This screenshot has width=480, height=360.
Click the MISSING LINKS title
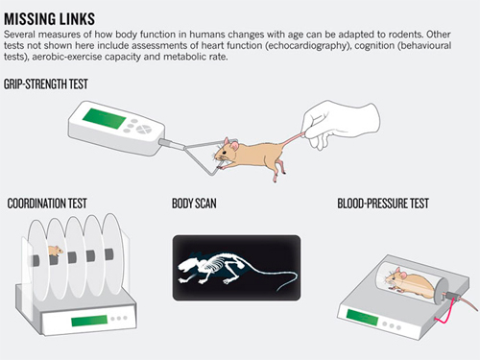(x=49, y=19)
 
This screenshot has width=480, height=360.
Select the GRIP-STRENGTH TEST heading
(x=46, y=84)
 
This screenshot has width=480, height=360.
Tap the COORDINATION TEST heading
(x=47, y=204)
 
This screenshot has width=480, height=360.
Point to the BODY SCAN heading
(x=194, y=204)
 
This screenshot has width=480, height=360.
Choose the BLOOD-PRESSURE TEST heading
(x=383, y=204)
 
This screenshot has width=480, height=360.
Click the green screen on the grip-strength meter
(x=105, y=118)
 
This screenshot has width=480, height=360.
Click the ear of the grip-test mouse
(x=234, y=146)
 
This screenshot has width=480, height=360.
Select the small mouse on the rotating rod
(x=55, y=251)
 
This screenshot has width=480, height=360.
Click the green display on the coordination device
(x=89, y=321)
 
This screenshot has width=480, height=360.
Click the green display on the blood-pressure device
(x=362, y=317)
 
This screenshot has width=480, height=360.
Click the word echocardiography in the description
(x=307, y=46)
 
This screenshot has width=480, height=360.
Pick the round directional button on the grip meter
(x=142, y=129)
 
